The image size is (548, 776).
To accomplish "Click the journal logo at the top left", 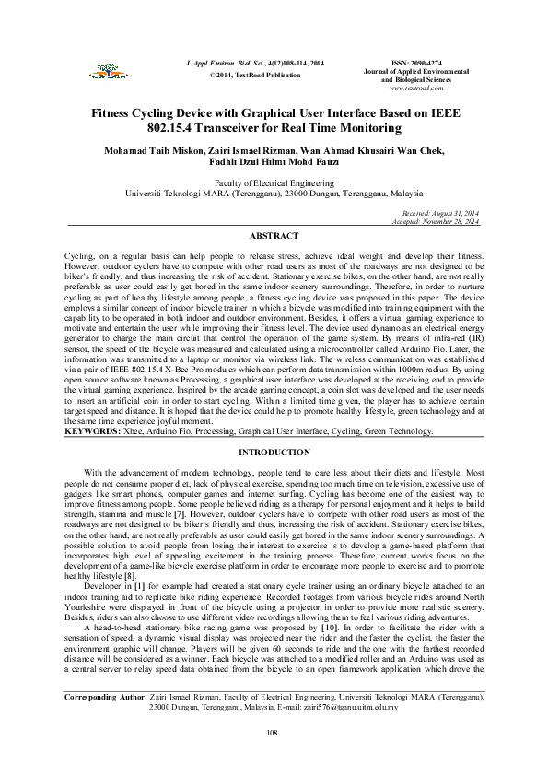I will point(98,67).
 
